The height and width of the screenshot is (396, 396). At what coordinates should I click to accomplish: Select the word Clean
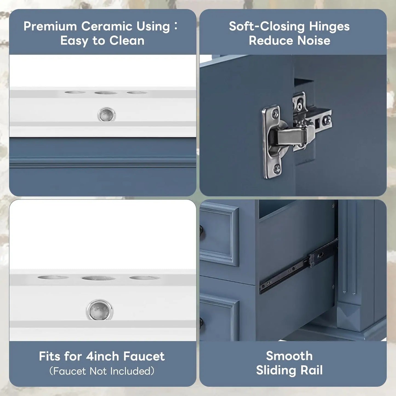[x=127, y=41]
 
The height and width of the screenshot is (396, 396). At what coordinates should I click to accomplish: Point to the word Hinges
[x=329, y=27]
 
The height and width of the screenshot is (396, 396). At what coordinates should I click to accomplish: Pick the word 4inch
[x=103, y=356]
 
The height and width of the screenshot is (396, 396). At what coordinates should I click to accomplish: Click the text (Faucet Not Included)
[x=102, y=371]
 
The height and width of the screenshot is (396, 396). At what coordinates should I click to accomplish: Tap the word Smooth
[x=289, y=356]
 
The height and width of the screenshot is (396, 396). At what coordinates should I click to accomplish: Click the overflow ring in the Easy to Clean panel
[x=106, y=114]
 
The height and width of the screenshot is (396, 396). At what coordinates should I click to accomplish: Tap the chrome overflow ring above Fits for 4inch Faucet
[x=99, y=310]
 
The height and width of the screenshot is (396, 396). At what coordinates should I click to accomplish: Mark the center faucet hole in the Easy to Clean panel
[x=106, y=93]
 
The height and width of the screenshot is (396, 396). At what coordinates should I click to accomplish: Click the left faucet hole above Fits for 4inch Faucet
[x=53, y=277]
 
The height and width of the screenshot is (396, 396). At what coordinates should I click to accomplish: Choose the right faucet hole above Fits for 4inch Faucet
[x=144, y=278]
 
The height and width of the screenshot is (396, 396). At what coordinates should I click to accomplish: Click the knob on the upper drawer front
[x=201, y=230]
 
